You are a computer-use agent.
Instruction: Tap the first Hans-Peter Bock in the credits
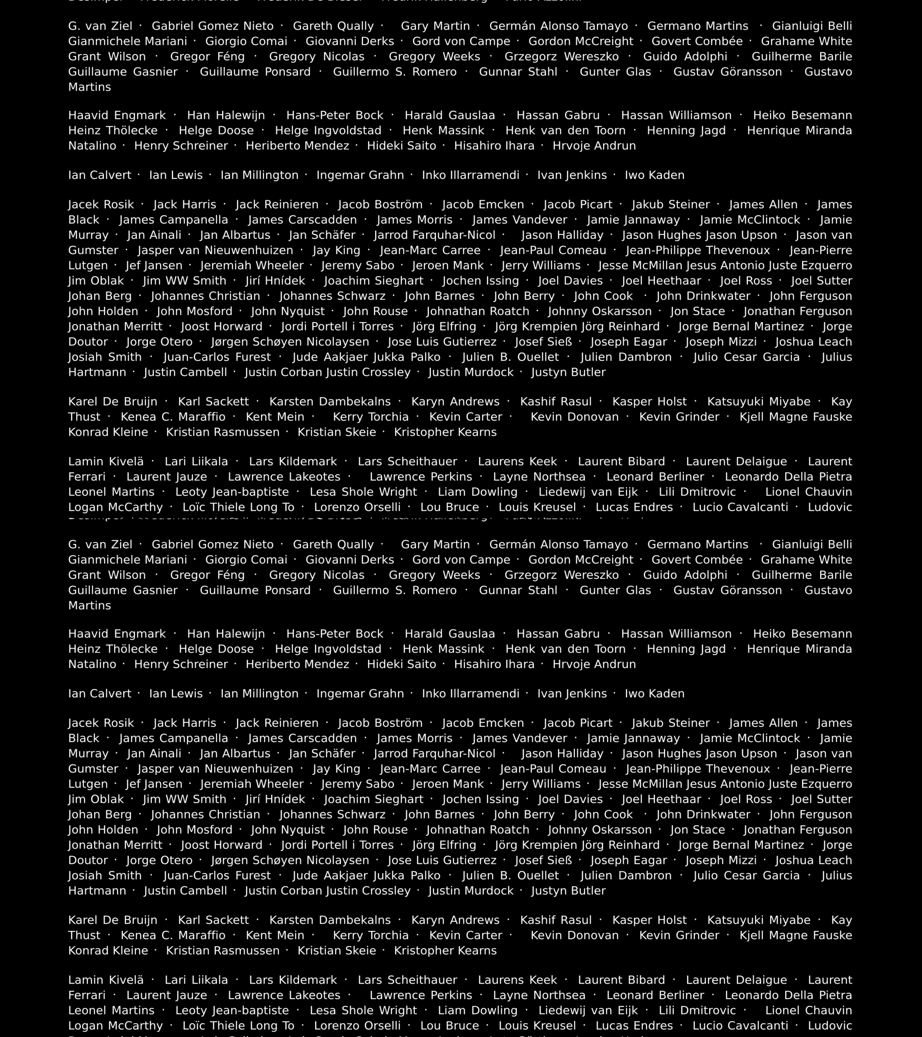click(334, 115)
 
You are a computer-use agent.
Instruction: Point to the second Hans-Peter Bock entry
click(334, 634)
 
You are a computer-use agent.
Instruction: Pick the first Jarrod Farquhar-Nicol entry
click(434, 235)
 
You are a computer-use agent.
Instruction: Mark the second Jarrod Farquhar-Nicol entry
click(434, 753)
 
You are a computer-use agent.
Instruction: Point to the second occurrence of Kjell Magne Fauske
click(796, 935)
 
